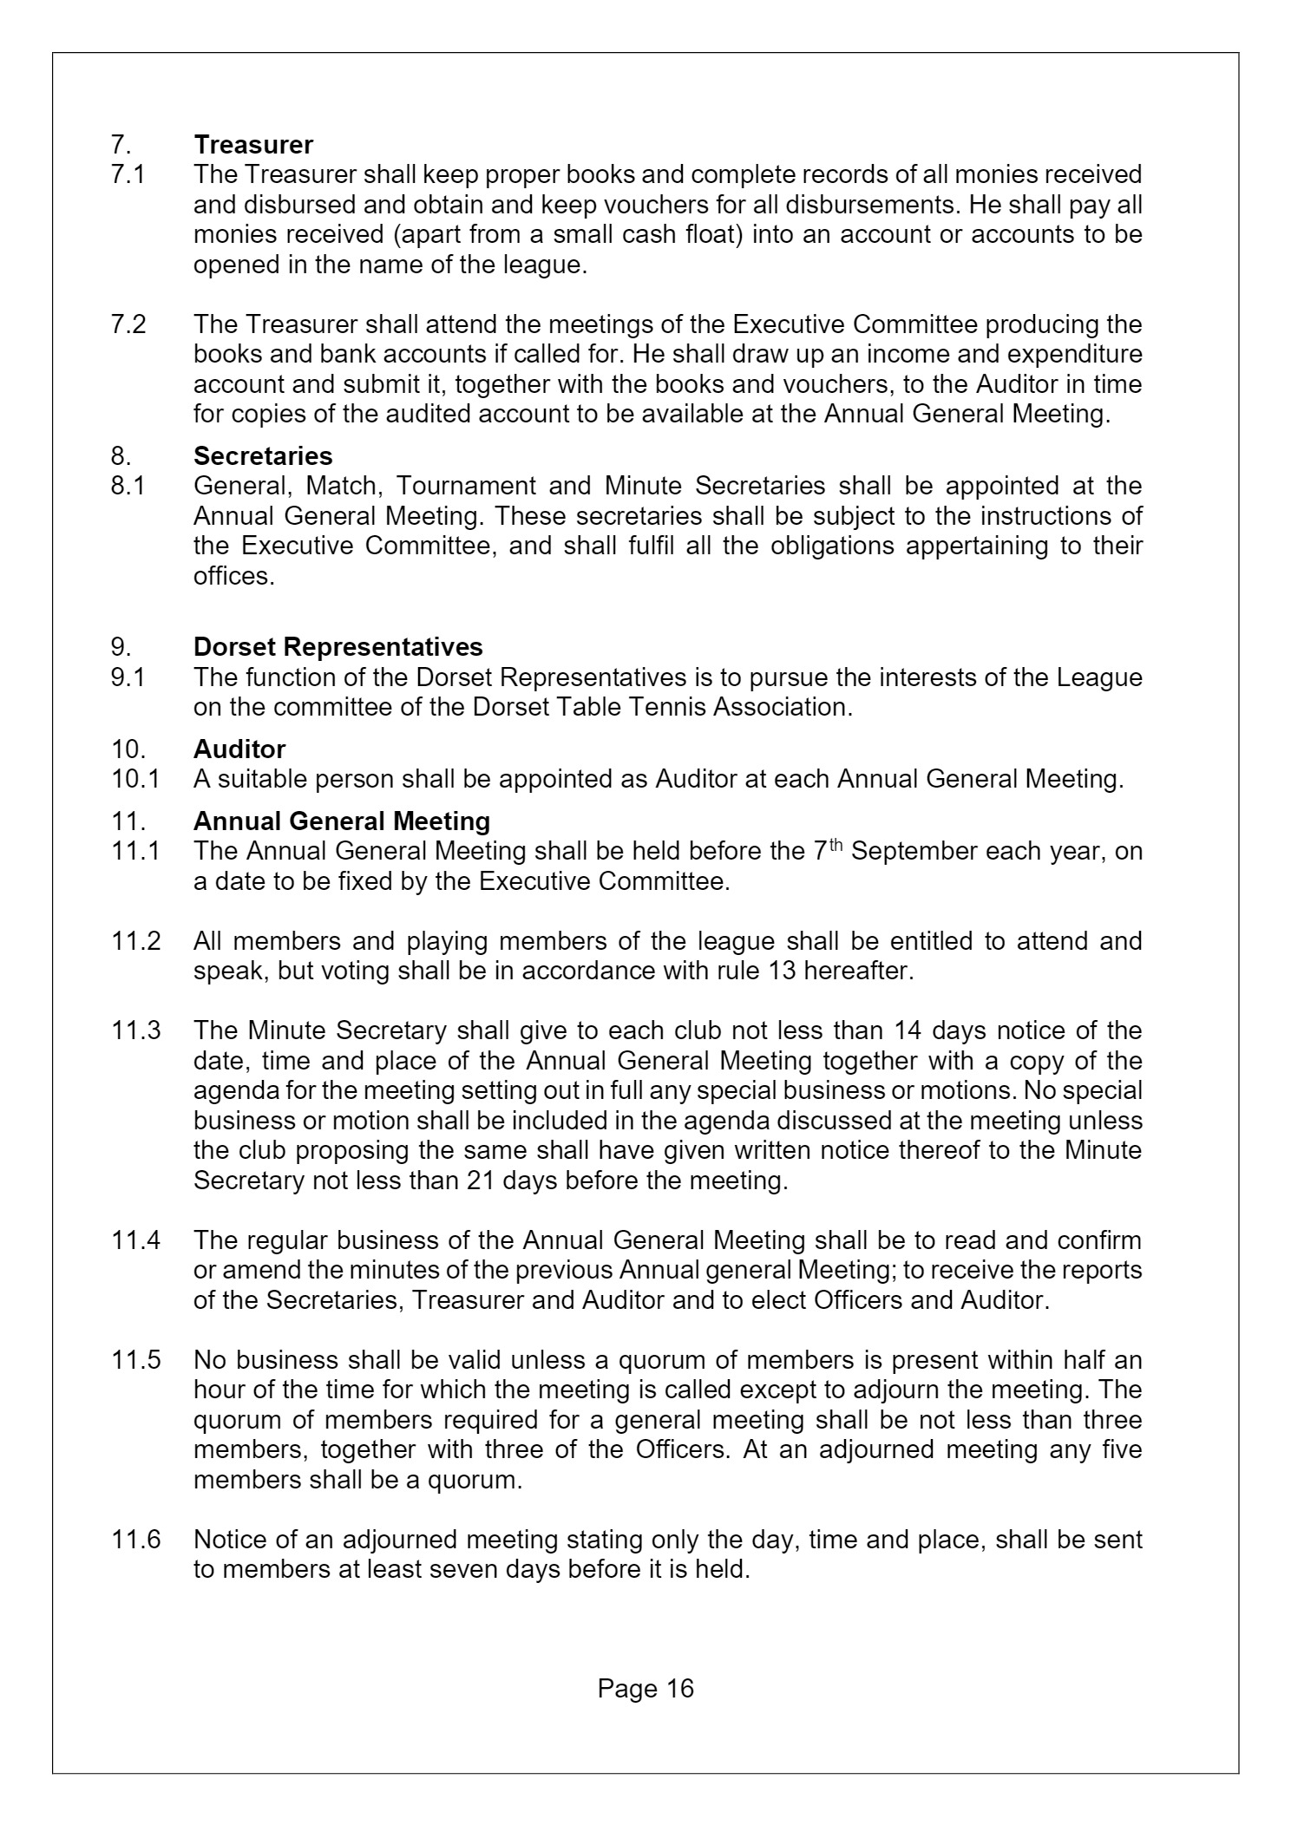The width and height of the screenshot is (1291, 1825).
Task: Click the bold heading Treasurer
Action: point(253,144)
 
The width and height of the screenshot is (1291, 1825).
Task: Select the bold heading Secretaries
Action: point(263,456)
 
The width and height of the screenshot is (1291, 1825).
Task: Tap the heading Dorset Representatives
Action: point(338,647)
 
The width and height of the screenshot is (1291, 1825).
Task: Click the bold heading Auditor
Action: point(239,749)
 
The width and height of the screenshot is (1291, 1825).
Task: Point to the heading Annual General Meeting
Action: point(342,821)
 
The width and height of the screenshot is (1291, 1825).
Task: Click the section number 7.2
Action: point(128,324)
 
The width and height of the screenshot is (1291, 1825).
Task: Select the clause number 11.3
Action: point(136,1030)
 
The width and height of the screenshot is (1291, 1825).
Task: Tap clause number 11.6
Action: point(136,1540)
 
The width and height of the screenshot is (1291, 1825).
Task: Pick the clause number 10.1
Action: point(135,779)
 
